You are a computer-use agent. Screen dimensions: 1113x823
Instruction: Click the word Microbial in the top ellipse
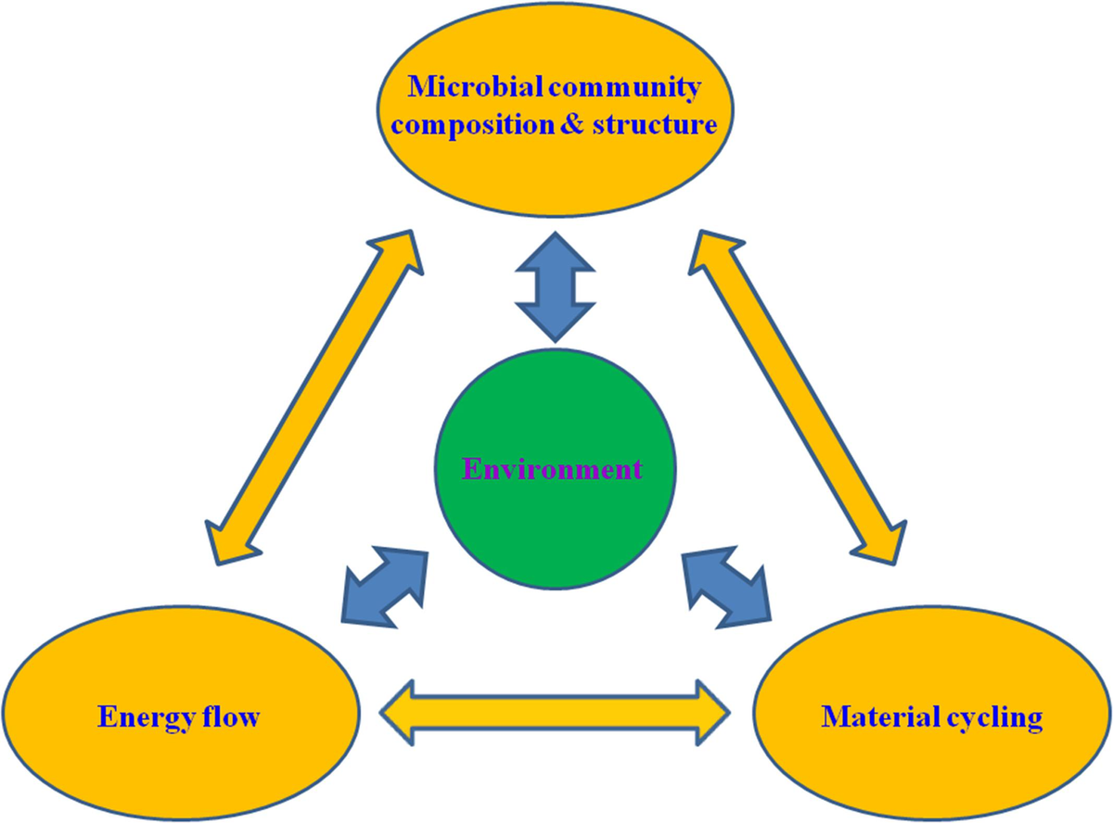pos(475,87)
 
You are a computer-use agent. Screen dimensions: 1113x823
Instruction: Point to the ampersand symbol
pos(572,123)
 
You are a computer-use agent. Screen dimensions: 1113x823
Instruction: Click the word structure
pos(655,124)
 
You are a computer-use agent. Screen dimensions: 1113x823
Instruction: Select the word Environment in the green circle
pos(552,470)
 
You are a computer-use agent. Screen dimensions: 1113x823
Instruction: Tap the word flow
pos(231,716)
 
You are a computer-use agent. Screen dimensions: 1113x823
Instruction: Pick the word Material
pos(881,716)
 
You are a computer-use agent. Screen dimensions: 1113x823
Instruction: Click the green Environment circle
pos(555,470)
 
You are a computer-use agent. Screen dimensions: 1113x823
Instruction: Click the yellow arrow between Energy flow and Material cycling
pos(555,713)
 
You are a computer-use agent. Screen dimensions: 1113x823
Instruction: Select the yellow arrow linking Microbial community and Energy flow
pos(314,398)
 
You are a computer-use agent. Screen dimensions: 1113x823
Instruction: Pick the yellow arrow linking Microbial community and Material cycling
pos(798,398)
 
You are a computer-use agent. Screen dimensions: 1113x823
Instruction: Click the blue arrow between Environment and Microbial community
pos(556,287)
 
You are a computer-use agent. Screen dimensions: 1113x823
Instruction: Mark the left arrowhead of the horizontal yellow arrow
pos(396,713)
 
